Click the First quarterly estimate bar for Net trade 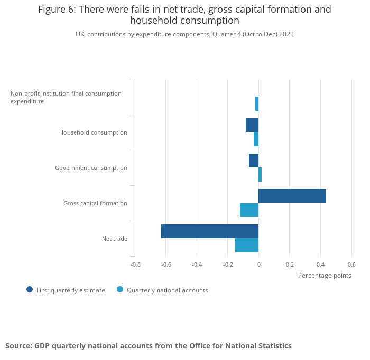coord(210,231)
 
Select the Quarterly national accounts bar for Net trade coord(247,245)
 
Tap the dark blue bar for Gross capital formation coord(292,196)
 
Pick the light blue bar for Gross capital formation coord(249,210)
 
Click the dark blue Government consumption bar coord(254,160)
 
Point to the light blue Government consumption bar coord(260,175)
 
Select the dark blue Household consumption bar coord(252,125)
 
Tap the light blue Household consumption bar coord(256,139)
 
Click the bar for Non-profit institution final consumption coord(257,103)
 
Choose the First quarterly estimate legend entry coord(66,290)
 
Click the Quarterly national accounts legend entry coord(162,290)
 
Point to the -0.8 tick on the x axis coord(136,264)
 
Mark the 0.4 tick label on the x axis coord(320,264)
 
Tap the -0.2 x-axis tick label coord(228,264)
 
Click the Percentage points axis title coord(325,276)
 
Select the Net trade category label coord(115,239)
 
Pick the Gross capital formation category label coord(95,203)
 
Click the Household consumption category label coord(93,132)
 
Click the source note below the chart coord(149,346)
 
